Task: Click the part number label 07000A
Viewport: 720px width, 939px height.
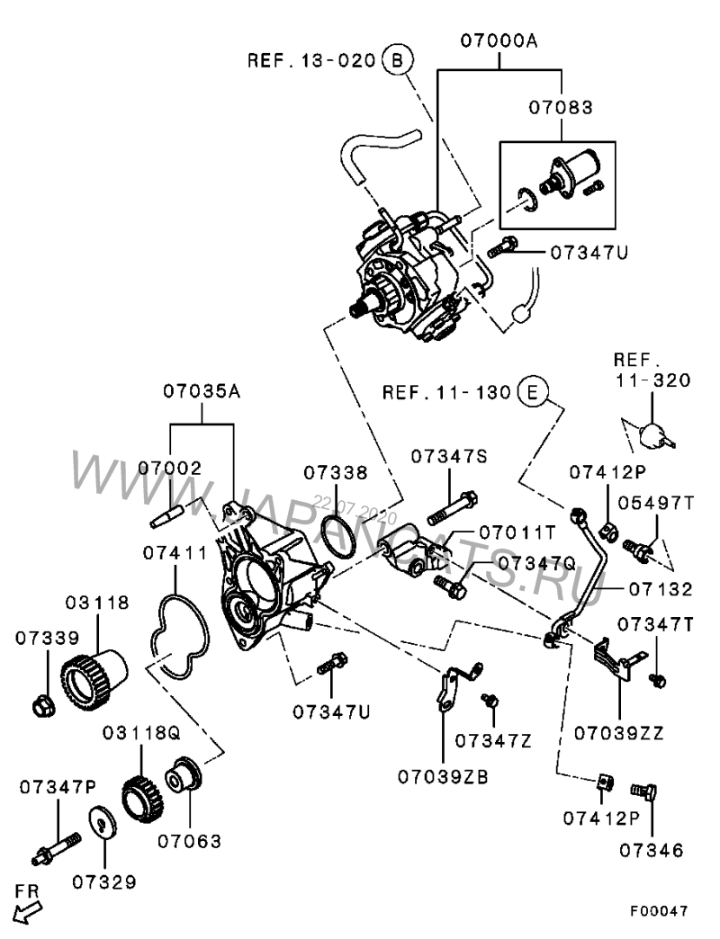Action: tap(500, 40)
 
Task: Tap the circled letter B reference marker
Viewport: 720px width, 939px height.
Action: tap(397, 60)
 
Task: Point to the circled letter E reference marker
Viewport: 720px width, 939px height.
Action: tap(532, 392)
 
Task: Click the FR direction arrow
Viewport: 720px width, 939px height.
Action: tap(28, 910)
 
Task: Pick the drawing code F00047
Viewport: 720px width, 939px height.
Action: tap(658, 911)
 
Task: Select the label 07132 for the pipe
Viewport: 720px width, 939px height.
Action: tap(661, 590)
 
